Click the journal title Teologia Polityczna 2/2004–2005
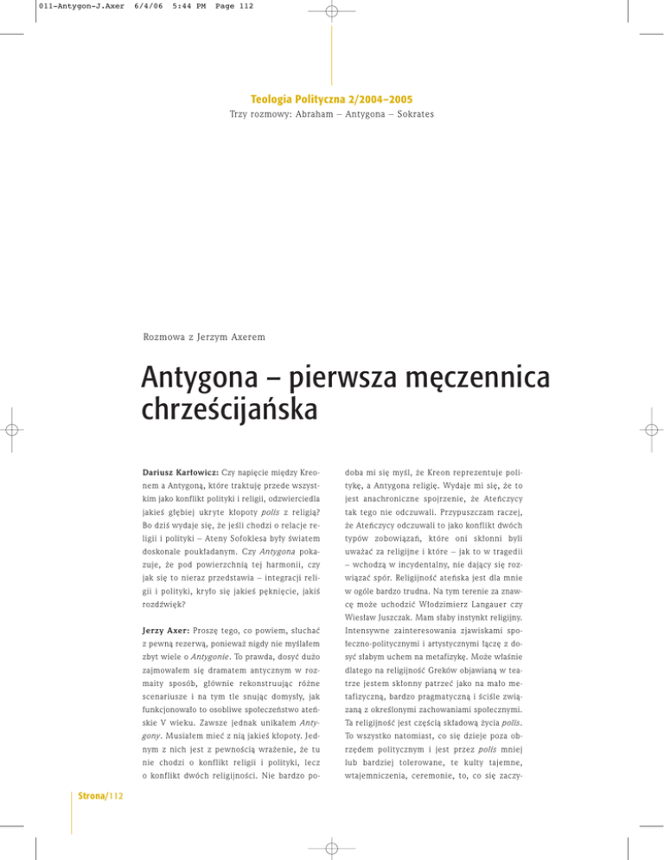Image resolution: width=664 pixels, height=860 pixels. click(332, 99)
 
